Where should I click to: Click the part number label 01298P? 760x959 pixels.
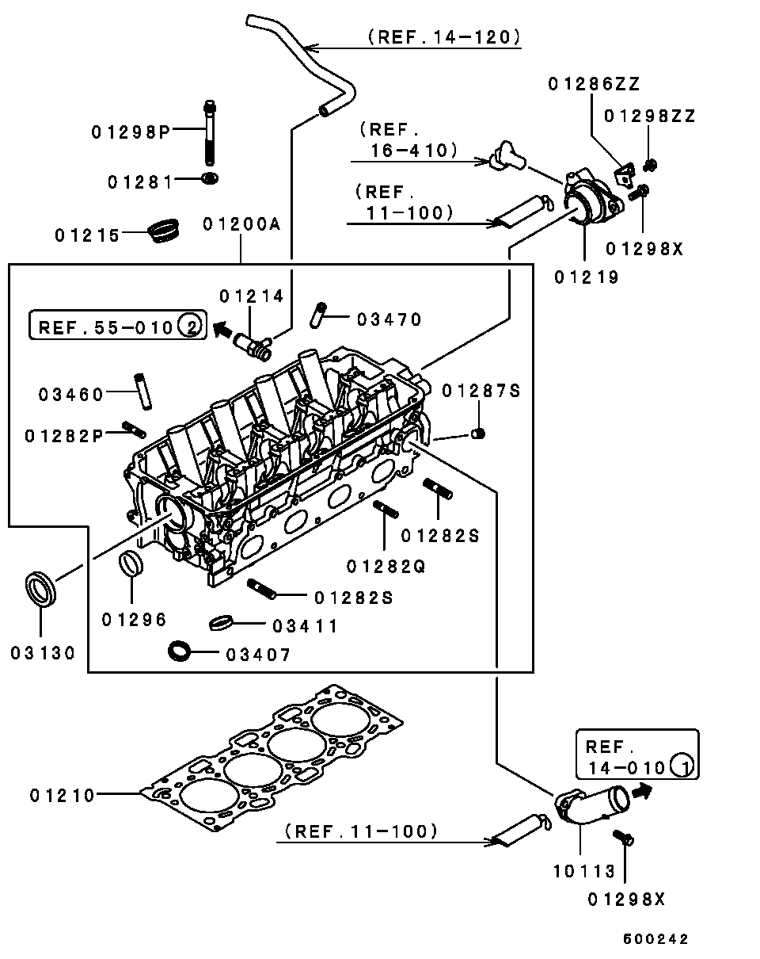(x=131, y=132)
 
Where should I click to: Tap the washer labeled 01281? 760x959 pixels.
(x=211, y=178)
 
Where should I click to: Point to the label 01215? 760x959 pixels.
(x=87, y=235)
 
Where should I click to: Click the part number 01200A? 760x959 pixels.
(x=241, y=224)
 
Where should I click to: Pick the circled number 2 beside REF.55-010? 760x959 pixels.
(x=190, y=325)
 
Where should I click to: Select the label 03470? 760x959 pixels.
(x=389, y=319)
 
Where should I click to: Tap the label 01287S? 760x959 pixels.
(x=481, y=391)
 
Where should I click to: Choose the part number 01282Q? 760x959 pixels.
(x=386, y=566)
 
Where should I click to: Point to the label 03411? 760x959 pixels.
(x=305, y=626)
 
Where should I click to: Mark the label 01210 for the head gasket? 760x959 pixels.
(x=63, y=795)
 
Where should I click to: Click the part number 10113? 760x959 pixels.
(x=583, y=872)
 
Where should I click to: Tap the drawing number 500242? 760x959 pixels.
(x=655, y=939)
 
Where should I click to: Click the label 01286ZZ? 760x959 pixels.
(x=594, y=85)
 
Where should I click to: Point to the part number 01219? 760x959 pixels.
(x=587, y=277)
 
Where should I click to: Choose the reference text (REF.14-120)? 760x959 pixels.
(x=443, y=36)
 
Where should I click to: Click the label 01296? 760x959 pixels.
(x=135, y=619)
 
